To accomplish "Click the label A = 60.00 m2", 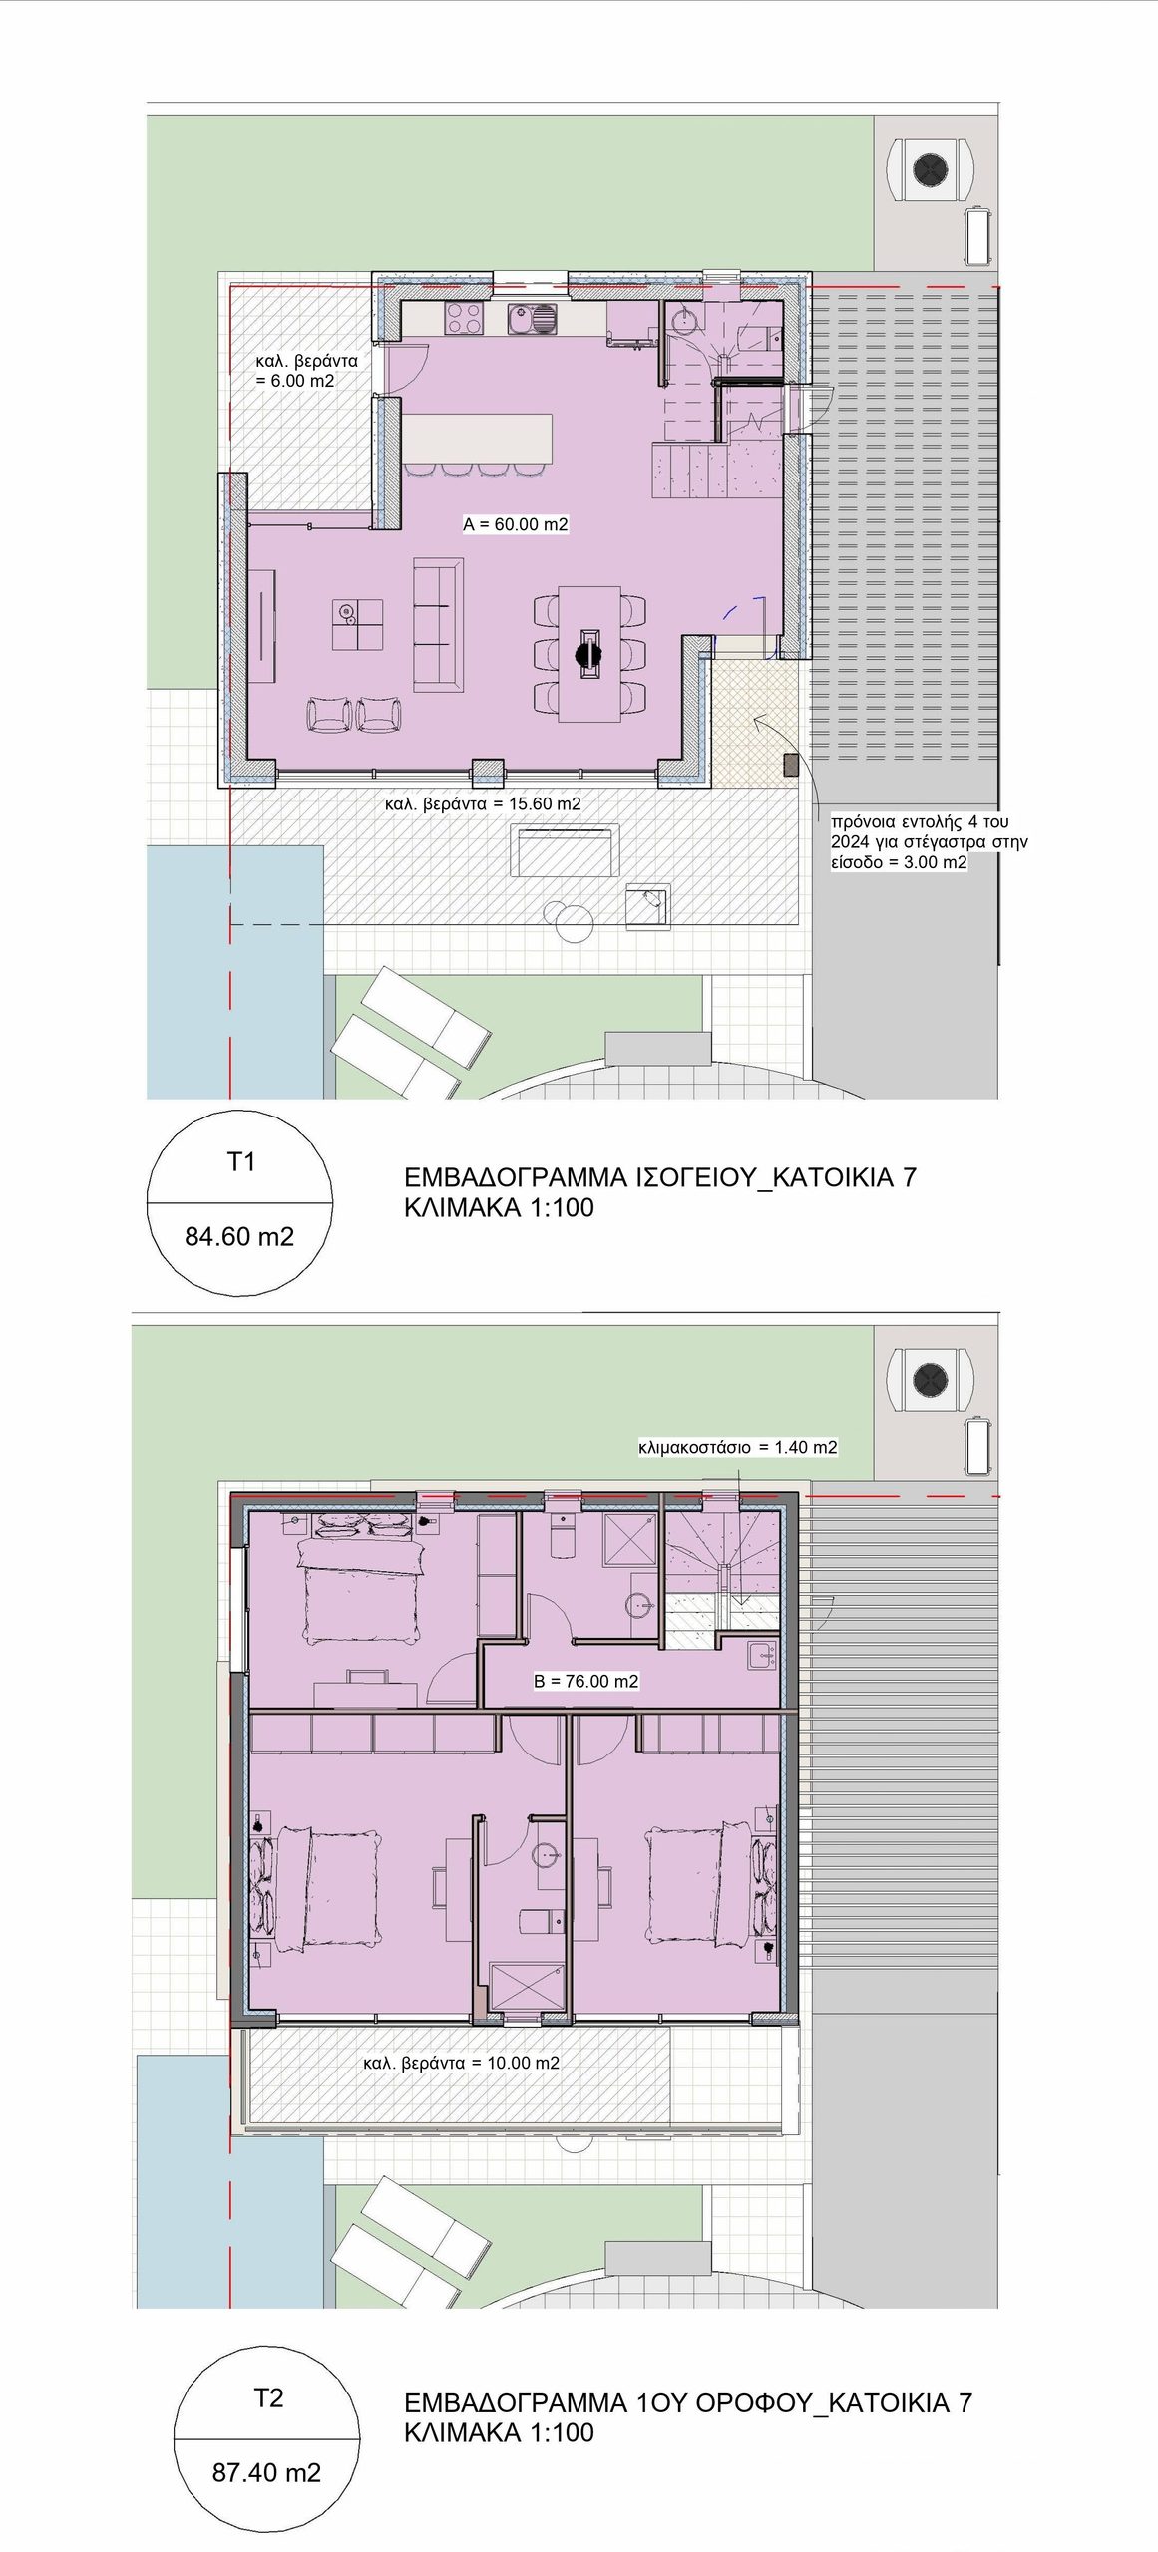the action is click(516, 524).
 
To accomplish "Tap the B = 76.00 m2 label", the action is click(585, 1680).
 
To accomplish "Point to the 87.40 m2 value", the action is click(266, 2472).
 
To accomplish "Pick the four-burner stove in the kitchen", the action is click(465, 318).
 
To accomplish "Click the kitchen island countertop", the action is click(477, 439).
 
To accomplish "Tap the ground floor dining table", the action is click(589, 653).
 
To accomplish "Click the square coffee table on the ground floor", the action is click(357, 625).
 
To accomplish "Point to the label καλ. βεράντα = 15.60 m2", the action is click(483, 803).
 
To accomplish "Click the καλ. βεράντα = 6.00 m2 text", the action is click(306, 370).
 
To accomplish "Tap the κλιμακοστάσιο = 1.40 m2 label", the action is click(738, 1447).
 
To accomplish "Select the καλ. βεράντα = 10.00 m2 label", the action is click(461, 2063).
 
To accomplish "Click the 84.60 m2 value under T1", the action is click(239, 1236).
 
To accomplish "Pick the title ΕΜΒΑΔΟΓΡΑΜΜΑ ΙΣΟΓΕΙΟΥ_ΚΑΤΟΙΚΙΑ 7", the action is click(660, 1177).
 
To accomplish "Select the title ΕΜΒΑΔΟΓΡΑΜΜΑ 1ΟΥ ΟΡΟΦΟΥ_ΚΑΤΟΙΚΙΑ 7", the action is click(688, 2402).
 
